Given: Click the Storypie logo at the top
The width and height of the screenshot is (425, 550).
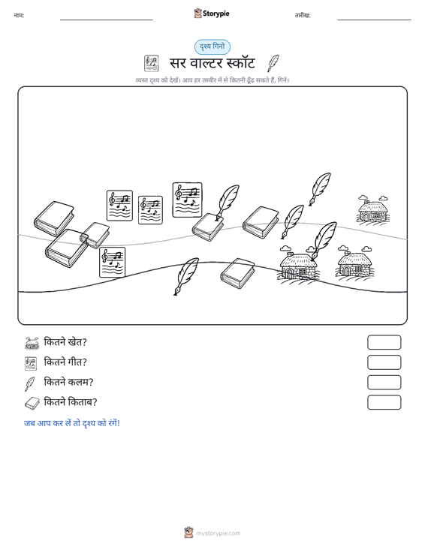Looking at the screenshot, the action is [x=212, y=14].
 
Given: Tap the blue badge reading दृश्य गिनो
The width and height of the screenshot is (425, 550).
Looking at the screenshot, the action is [x=212, y=47].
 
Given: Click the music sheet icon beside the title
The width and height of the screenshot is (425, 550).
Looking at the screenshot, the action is [x=151, y=63].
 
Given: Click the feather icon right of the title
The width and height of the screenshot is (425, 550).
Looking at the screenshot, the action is [x=273, y=63].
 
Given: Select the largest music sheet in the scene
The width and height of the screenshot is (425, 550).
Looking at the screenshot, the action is [x=188, y=200].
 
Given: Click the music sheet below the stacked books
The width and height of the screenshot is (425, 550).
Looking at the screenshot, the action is [x=113, y=263].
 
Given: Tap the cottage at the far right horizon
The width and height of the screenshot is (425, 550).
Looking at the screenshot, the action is [x=373, y=209].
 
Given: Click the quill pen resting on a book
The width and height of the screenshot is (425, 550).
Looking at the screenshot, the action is [x=228, y=203].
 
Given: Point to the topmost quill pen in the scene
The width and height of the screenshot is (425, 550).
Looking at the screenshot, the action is [x=320, y=189].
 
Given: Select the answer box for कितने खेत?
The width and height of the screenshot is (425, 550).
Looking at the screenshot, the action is [x=384, y=342].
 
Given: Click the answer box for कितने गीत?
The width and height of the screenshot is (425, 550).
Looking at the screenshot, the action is [x=384, y=362].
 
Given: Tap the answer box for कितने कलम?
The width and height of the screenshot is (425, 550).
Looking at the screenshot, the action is [x=384, y=383].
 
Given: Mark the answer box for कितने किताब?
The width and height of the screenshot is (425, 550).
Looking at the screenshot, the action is [x=384, y=402].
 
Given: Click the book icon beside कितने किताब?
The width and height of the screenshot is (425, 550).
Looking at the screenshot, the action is [x=32, y=404].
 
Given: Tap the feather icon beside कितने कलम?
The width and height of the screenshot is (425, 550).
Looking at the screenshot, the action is [x=30, y=383].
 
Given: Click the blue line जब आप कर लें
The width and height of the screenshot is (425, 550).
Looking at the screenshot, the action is [x=72, y=423].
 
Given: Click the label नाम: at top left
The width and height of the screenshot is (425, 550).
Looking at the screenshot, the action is [x=19, y=16].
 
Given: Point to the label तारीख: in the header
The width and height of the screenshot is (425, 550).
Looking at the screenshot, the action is [x=303, y=16].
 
